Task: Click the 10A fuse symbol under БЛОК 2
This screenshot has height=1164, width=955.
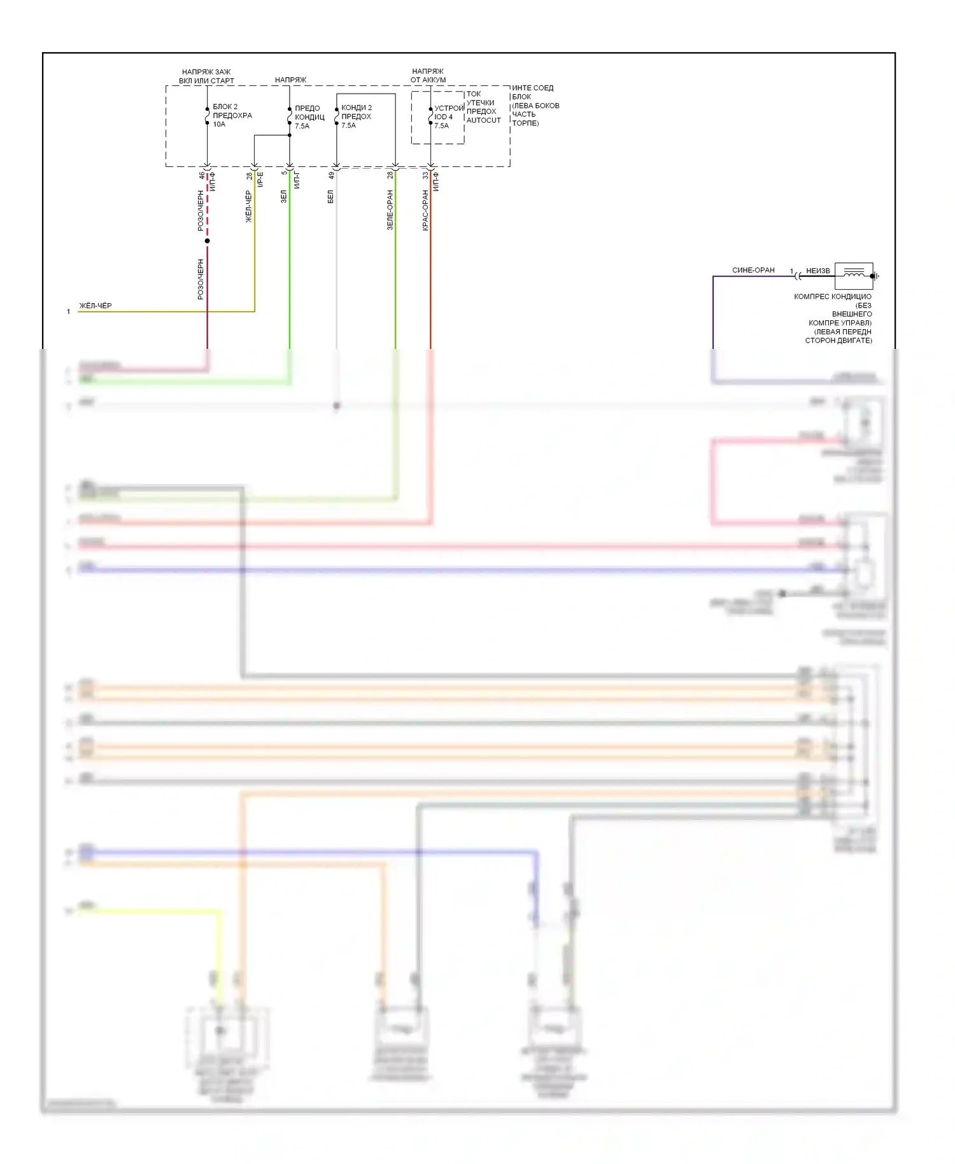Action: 207,115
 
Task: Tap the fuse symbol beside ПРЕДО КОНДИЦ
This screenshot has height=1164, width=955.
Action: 290,117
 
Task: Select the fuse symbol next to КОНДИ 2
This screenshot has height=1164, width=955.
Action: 336,117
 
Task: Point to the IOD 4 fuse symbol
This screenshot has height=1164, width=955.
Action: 430,117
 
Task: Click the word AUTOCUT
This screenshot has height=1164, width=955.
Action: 483,120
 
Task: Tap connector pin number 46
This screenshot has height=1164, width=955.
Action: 202,175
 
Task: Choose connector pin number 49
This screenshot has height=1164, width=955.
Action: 331,175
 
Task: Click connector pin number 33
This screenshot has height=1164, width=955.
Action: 425,175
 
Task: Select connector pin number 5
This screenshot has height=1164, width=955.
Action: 285,173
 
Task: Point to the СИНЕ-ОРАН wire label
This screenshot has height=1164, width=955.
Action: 753,270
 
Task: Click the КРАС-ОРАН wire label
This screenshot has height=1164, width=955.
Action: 425,210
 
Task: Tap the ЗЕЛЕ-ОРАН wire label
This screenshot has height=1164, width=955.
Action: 390,210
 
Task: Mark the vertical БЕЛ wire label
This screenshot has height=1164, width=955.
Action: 330,197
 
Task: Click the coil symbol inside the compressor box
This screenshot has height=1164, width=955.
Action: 854,274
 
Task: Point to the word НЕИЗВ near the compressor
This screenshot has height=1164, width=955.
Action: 818,271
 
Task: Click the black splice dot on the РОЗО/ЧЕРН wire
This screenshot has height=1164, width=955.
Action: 207,241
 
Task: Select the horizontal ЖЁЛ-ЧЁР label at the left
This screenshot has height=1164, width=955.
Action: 95,306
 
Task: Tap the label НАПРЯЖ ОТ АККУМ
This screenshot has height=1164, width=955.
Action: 428,76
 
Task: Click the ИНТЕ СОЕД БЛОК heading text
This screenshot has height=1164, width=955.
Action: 532,92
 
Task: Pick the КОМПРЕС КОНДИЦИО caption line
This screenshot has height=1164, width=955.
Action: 832,297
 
